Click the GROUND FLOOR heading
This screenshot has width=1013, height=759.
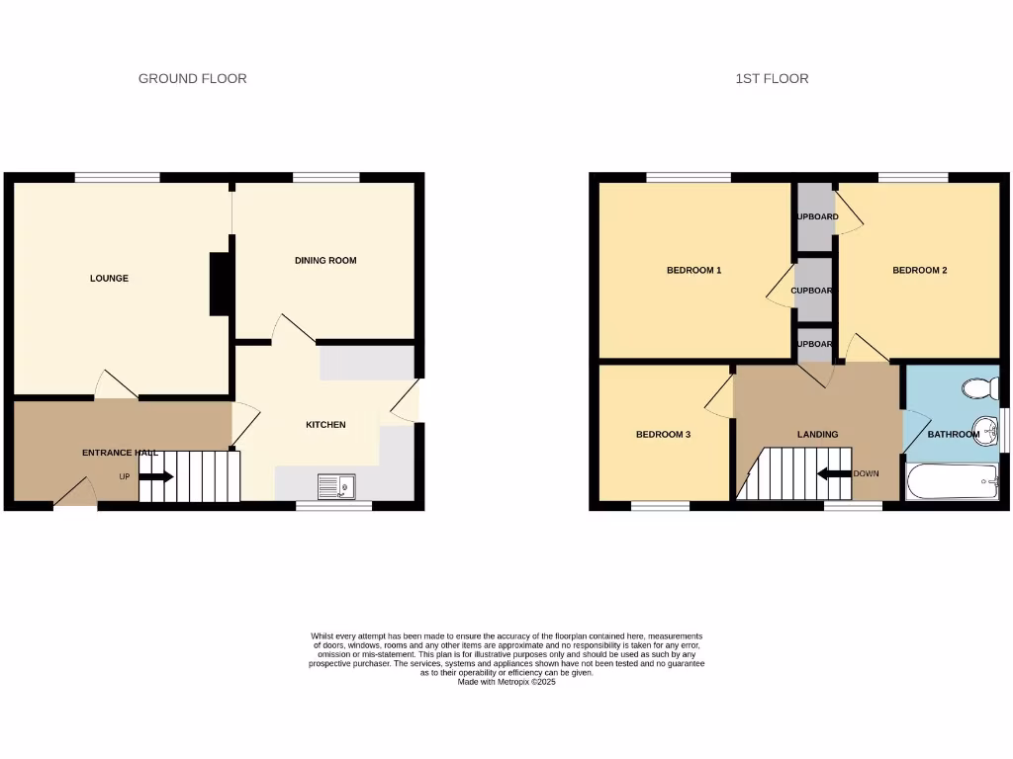(x=192, y=78)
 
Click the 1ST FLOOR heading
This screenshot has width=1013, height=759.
(x=772, y=78)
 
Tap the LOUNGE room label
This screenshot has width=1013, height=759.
(x=109, y=279)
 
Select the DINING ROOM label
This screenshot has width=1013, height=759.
(x=325, y=261)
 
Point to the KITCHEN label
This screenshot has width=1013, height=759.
(x=325, y=425)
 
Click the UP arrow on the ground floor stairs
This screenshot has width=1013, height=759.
(x=155, y=477)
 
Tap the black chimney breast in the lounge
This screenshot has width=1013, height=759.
(x=221, y=284)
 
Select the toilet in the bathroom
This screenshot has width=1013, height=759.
(x=981, y=388)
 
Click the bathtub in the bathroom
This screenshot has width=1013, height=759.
(x=952, y=483)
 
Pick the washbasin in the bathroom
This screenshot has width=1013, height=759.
(x=985, y=430)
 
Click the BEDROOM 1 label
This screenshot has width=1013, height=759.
(x=693, y=270)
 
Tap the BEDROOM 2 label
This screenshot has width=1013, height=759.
(x=920, y=270)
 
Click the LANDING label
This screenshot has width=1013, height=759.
(x=817, y=435)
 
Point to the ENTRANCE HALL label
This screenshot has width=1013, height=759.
(x=120, y=453)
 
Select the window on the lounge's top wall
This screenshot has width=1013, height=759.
(x=117, y=178)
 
